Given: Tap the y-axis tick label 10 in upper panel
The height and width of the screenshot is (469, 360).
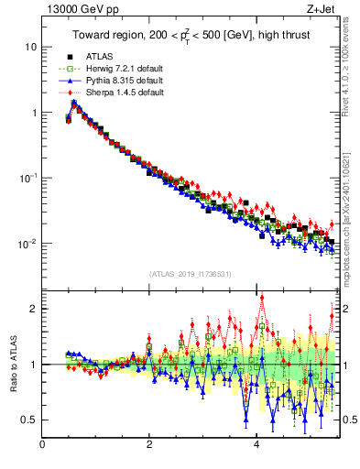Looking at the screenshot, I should [x=31, y=47].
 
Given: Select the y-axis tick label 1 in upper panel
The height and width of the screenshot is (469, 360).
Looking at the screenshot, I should [x=34, y=113].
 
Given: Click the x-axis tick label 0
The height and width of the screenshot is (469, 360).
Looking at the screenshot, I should [x=43, y=444].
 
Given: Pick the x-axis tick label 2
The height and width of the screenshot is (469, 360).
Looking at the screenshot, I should [x=149, y=444].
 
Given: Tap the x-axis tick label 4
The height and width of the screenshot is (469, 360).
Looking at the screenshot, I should [x=256, y=444].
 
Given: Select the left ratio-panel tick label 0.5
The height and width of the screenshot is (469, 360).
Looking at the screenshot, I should [x=30, y=420].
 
